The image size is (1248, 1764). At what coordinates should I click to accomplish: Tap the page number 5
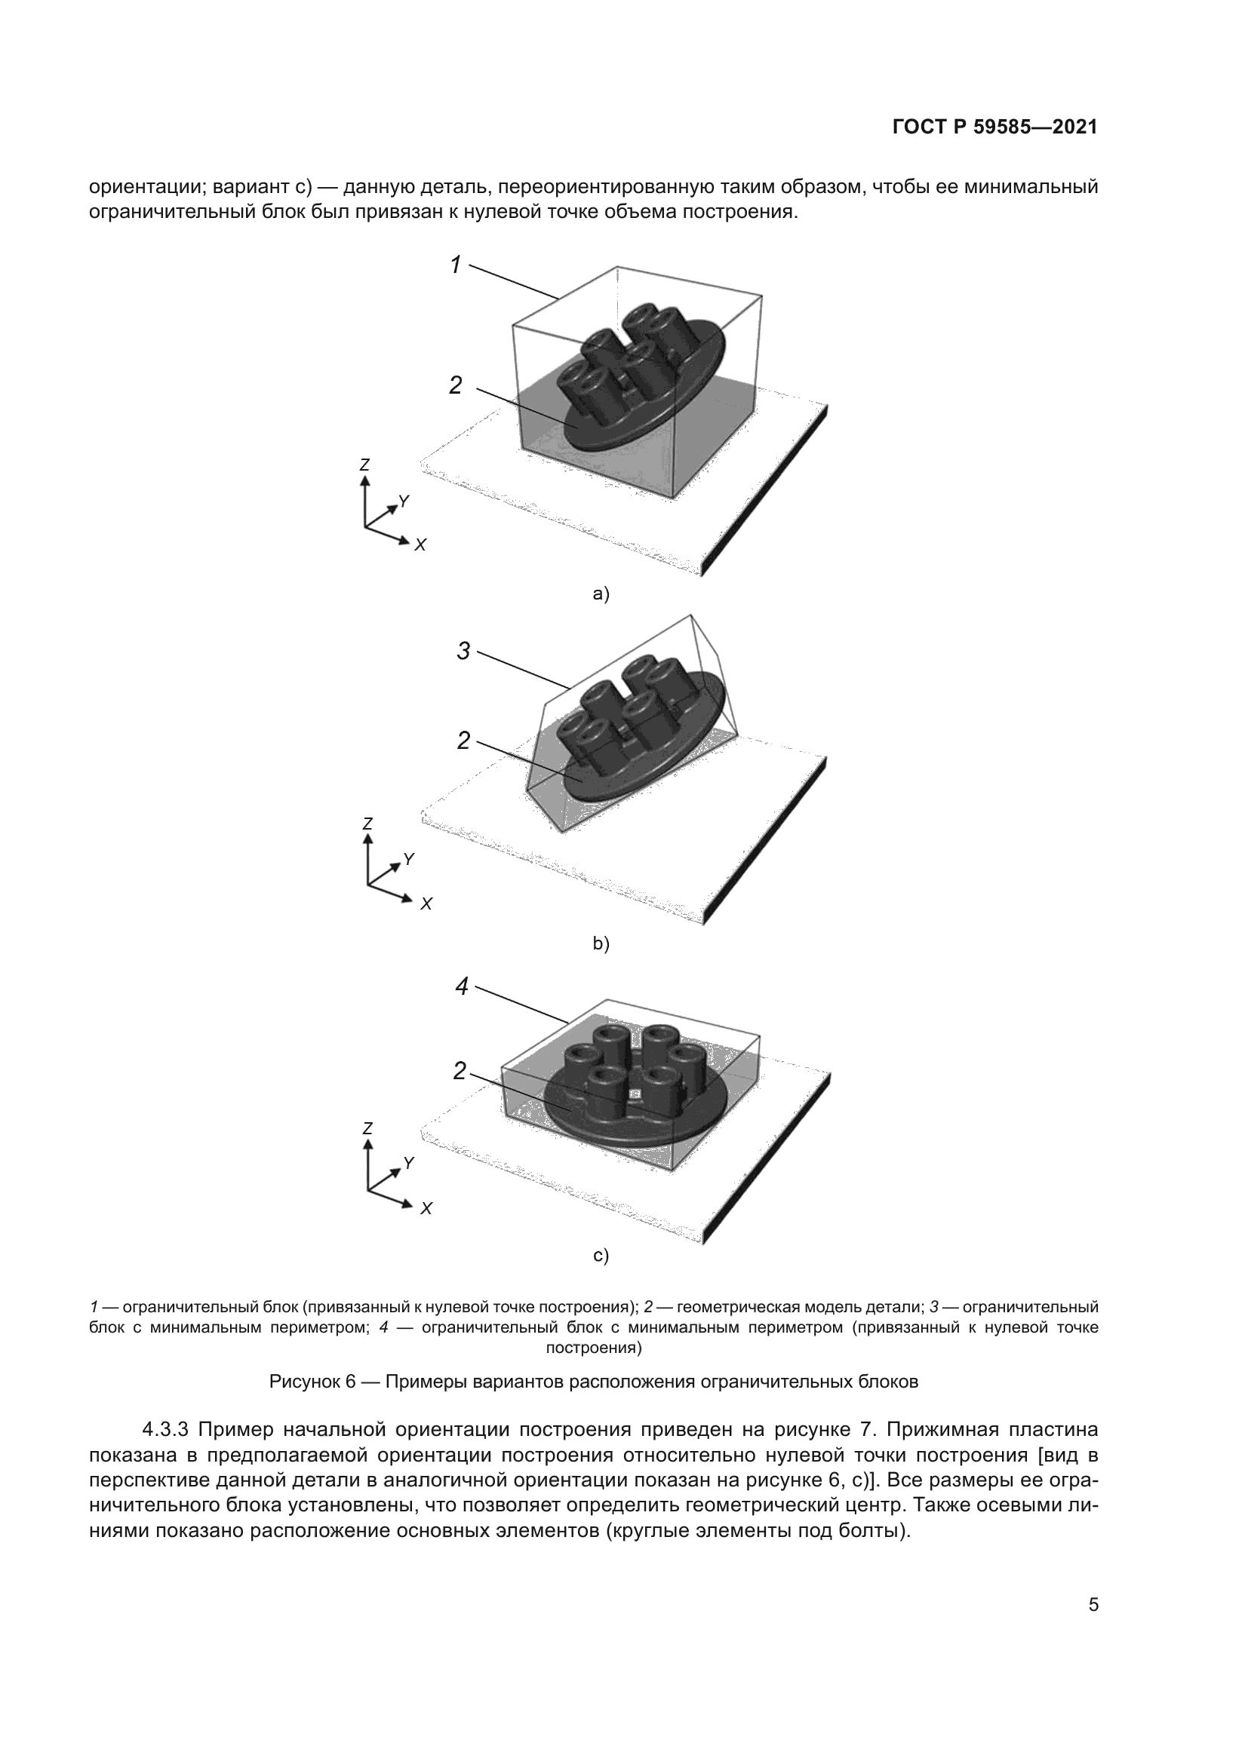[1093, 1605]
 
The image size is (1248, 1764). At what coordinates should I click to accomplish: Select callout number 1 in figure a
[456, 265]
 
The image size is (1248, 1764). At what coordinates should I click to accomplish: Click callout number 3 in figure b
[463, 652]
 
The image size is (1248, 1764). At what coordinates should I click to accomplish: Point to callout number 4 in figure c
[462, 986]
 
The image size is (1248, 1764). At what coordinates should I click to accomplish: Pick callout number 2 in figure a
[456, 385]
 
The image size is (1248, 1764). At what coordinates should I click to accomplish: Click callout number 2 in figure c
[460, 1070]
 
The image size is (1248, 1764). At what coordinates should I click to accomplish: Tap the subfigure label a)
[600, 594]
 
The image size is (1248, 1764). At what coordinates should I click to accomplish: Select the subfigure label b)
[601, 943]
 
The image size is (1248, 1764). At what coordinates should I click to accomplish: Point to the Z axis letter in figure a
[364, 465]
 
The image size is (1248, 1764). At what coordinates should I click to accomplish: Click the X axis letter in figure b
[426, 904]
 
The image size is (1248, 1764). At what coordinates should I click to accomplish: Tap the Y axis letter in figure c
[409, 1163]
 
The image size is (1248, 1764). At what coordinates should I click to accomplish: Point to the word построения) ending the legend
[593, 1348]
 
